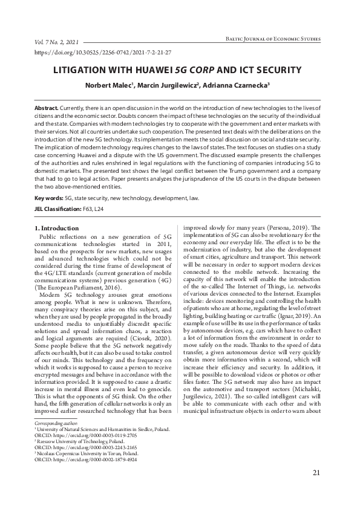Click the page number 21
[x=316, y=490]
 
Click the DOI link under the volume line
[x=104, y=53]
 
